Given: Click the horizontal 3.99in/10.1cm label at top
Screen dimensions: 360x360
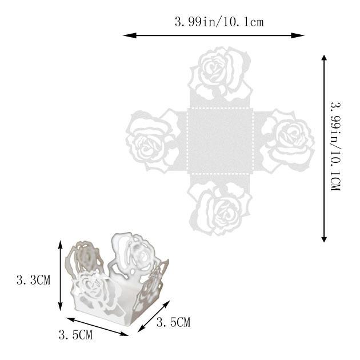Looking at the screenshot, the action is (x=219, y=22).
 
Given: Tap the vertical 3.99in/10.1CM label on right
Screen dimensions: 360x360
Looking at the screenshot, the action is (x=335, y=146).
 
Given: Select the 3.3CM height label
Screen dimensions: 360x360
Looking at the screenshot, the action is (x=33, y=280).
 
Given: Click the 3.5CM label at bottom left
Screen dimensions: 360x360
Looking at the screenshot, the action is (x=75, y=335).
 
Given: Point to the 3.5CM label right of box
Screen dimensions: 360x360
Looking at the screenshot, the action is (x=174, y=322).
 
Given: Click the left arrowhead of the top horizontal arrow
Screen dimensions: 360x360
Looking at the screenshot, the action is (x=130, y=35).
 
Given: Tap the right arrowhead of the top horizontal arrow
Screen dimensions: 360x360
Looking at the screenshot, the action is (x=298, y=35).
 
